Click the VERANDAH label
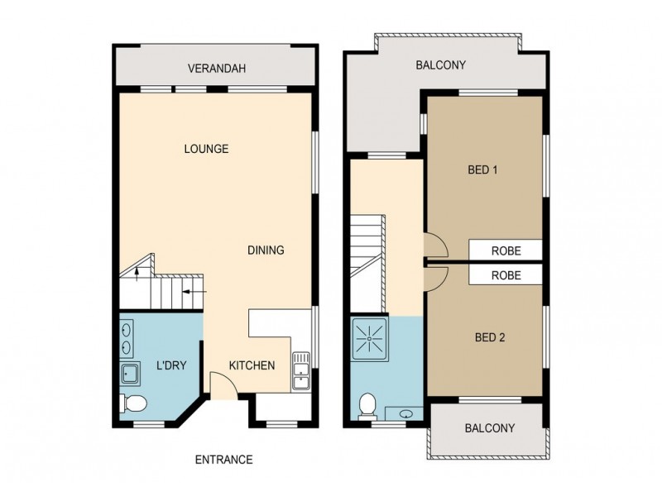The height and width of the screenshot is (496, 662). pos(217,69)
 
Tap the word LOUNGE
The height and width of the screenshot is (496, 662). pos(206,150)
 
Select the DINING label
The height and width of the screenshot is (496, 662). pos(266,250)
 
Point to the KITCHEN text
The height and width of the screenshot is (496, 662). pos(252,365)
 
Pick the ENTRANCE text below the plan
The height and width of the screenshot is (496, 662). pos(223,460)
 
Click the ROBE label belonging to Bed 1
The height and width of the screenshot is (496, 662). pos(506,250)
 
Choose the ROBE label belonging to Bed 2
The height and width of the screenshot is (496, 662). pos(506,275)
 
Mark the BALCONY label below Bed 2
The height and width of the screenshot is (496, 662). pos(490,428)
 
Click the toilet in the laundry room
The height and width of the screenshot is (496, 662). pos(133,403)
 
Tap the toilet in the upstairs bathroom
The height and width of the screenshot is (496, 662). pos(368,404)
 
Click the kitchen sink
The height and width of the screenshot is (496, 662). pos(300,372)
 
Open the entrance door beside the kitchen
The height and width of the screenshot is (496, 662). pos(221,384)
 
